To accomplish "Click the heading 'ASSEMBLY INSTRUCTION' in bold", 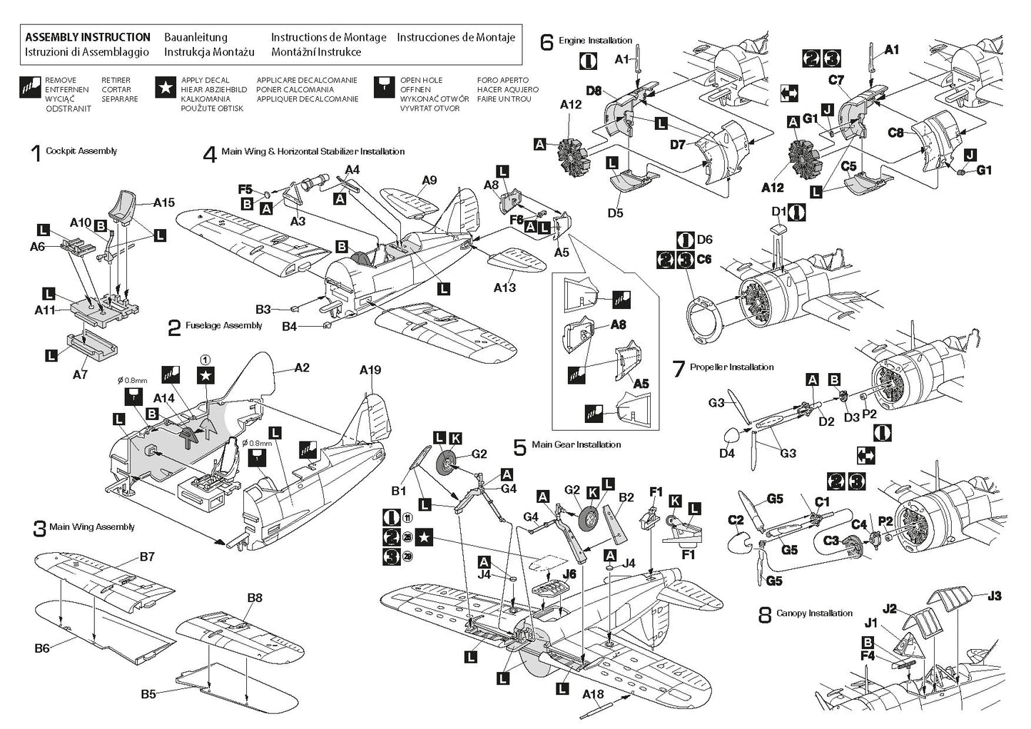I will pyautogui.click(x=87, y=37).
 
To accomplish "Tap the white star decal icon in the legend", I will pyautogui.click(x=166, y=88).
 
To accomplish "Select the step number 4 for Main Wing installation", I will pyautogui.click(x=209, y=154).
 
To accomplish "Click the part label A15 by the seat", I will pyautogui.click(x=163, y=203).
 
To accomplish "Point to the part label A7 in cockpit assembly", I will pyautogui.click(x=79, y=374).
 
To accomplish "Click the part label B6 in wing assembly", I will pyautogui.click(x=42, y=648).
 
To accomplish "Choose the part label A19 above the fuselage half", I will pyautogui.click(x=370, y=369).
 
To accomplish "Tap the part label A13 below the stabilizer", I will pyautogui.click(x=504, y=287).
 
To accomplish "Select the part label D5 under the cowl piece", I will pyautogui.click(x=615, y=213).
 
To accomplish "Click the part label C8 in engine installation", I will pyautogui.click(x=897, y=133).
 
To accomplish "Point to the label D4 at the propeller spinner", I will pyautogui.click(x=726, y=453).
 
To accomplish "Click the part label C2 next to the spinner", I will pyautogui.click(x=736, y=521).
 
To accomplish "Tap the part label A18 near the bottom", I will pyautogui.click(x=593, y=694).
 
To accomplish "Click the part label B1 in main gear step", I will pyautogui.click(x=398, y=491).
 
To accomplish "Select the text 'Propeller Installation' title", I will pyautogui.click(x=731, y=367).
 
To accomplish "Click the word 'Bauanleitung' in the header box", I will pyautogui.click(x=195, y=37).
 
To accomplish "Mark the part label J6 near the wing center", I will pyautogui.click(x=569, y=572).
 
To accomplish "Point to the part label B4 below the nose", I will pyautogui.click(x=289, y=326).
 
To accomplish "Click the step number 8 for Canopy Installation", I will pyautogui.click(x=764, y=616).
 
